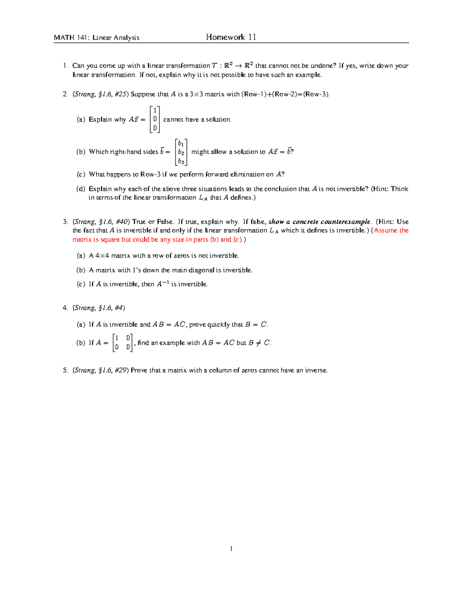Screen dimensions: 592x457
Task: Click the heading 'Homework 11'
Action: click(231, 37)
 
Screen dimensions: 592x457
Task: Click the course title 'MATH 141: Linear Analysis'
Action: click(96, 37)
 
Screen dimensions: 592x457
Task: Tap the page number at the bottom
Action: click(231, 549)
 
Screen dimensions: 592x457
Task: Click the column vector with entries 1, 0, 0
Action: click(155, 119)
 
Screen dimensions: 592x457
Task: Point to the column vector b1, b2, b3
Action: click(181, 152)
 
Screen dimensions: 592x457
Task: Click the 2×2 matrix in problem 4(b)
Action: click(123, 342)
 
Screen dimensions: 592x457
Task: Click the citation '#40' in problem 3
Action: click(121, 221)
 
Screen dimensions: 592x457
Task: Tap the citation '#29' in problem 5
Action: click(121, 370)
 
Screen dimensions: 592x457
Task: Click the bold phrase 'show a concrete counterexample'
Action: click(319, 221)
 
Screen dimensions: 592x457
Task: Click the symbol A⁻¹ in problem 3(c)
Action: click(163, 284)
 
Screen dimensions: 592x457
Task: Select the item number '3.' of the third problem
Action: click(65, 221)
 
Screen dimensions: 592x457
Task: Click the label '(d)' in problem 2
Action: click(81, 189)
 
